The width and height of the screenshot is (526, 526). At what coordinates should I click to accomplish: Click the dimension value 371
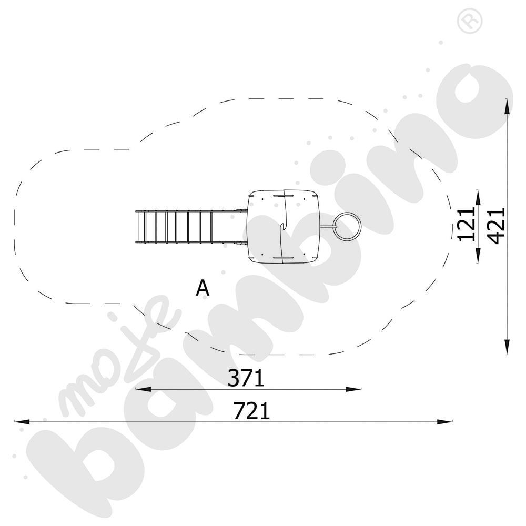(246, 378)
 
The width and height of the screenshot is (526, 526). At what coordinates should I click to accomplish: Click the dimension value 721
(251, 411)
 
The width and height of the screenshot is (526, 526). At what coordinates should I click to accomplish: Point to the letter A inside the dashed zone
(203, 288)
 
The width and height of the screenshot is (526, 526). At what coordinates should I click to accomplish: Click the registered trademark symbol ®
(470, 20)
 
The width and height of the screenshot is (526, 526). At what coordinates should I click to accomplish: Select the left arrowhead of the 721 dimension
(22, 421)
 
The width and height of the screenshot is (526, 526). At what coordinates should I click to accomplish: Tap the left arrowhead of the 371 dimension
(143, 389)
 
